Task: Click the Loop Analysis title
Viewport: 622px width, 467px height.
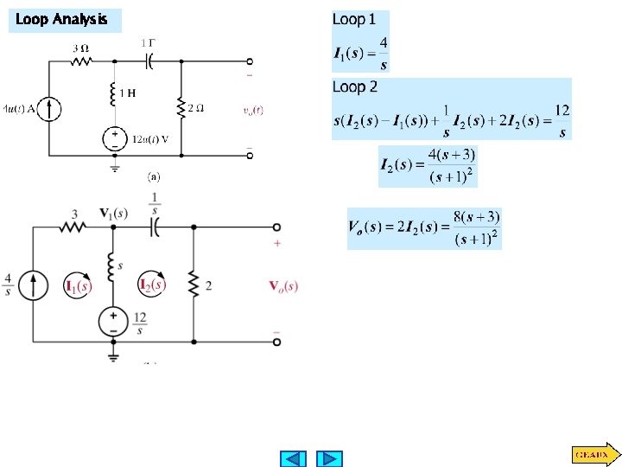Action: pos(62,19)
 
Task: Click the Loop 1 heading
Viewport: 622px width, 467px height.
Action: pos(354,19)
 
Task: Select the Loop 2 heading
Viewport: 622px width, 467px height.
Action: pos(355,87)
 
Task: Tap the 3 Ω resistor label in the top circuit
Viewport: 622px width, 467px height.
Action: pos(79,48)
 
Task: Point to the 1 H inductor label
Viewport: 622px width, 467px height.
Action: pos(127,93)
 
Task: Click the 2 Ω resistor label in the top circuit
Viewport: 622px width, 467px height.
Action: pos(196,109)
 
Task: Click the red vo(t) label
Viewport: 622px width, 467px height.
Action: pos(253,110)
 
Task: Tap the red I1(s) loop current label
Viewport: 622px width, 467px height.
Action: pos(79,286)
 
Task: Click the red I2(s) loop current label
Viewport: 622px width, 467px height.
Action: pos(152,284)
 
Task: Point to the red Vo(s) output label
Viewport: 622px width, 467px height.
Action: pos(283,286)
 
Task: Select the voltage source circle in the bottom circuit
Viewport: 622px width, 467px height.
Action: pos(113,322)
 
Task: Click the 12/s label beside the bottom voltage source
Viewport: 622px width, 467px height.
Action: pos(139,323)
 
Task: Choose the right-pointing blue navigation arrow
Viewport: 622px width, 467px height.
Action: pos(329,458)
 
